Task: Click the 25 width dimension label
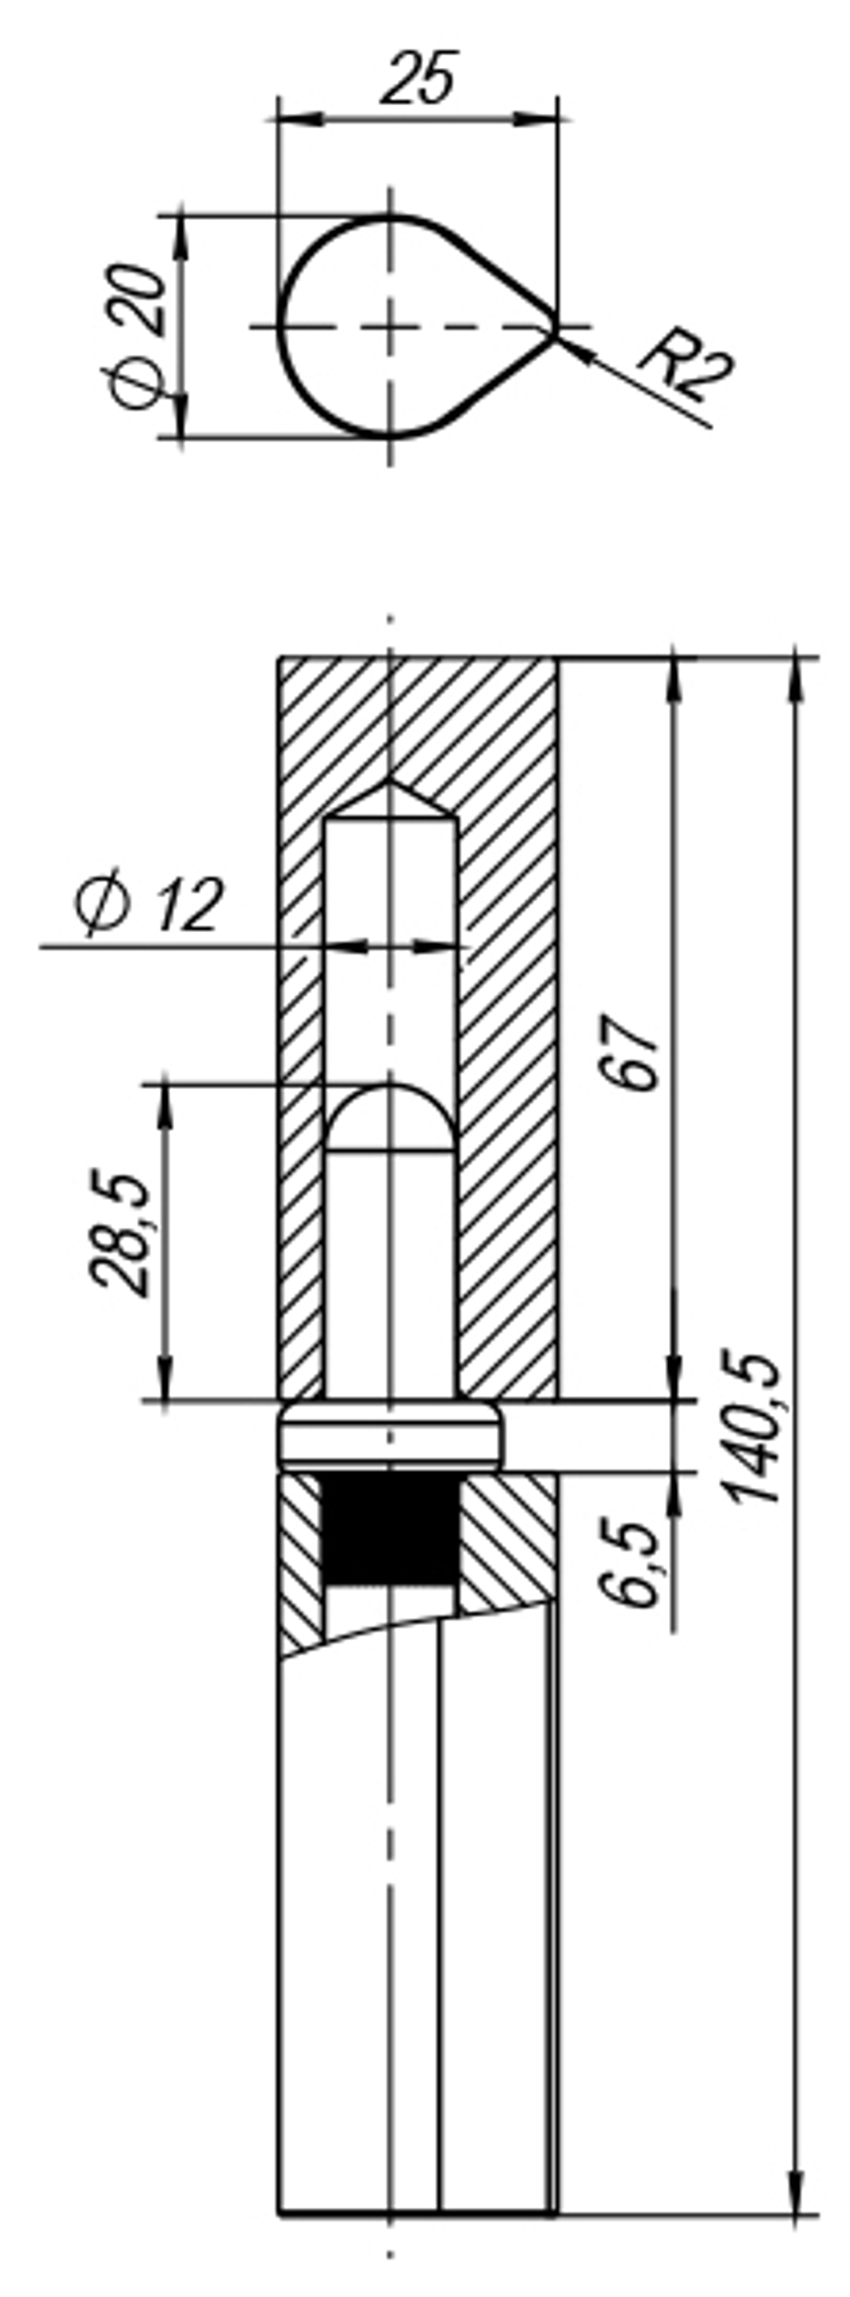tap(418, 77)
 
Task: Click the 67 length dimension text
tap(631, 1051)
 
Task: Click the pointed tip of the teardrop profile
tap(552, 328)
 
